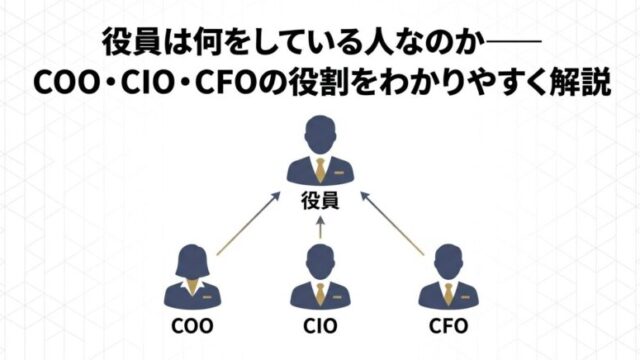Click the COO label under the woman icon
tap(192, 326)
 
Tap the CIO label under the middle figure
tap(320, 326)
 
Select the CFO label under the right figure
tap(449, 326)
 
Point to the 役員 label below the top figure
tap(320, 201)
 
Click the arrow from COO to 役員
tap(248, 223)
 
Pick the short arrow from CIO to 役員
tap(320, 228)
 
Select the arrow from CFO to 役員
tap(392, 223)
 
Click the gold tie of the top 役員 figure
tap(320, 169)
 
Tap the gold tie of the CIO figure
tap(320, 294)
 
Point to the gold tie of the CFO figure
tap(449, 294)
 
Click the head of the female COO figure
tap(192, 261)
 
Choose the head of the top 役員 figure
tap(320, 136)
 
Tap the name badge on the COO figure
tap(207, 297)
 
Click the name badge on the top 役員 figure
tap(338, 173)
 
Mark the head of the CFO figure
tap(449, 262)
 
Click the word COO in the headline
tap(67, 83)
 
